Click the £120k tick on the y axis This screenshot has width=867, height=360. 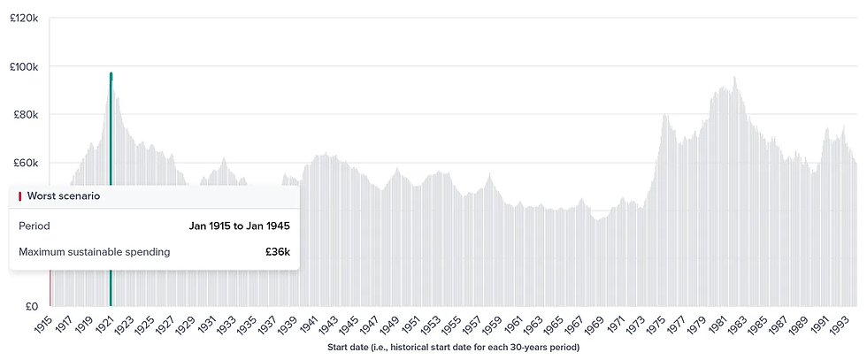22,18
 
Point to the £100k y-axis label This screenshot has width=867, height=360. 22,66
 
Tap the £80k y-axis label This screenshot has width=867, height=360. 24,114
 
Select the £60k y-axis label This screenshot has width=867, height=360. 24,163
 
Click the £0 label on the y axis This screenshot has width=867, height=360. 29,306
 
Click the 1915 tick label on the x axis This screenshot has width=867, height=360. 42,322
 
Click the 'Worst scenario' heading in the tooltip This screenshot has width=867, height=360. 64,195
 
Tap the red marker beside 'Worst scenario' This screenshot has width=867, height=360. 19,195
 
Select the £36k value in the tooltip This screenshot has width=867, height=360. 277,252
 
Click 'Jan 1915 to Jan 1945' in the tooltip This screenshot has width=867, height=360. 239,226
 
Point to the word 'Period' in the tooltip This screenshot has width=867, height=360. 35,226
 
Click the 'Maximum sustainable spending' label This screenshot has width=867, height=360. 95,252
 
